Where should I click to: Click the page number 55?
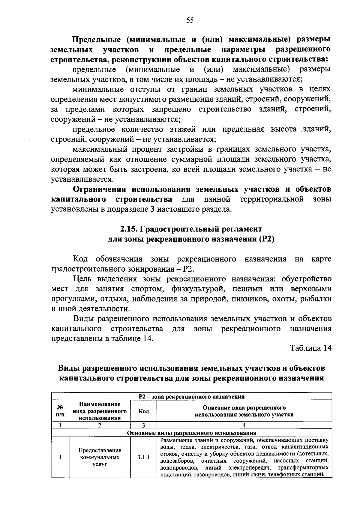click(x=190, y=20)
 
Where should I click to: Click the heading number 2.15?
click(x=128, y=229)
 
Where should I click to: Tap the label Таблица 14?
click(x=310, y=348)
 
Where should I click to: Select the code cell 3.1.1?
click(x=143, y=458)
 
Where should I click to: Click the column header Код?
click(x=143, y=411)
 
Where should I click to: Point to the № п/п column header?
click(x=60, y=411)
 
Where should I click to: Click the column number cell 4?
click(x=244, y=425)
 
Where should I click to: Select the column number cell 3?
click(x=143, y=425)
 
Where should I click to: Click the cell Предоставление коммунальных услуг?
click(x=100, y=458)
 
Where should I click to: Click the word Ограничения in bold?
click(x=100, y=189)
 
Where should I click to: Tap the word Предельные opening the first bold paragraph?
click(x=96, y=39)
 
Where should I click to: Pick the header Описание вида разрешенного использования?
click(x=244, y=411)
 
